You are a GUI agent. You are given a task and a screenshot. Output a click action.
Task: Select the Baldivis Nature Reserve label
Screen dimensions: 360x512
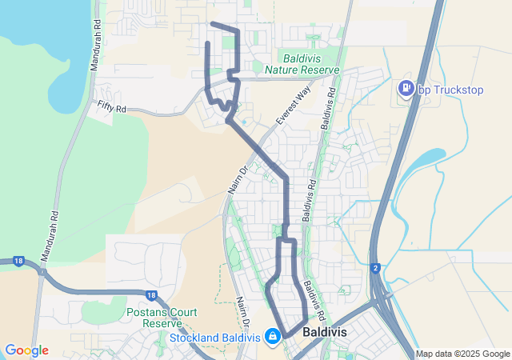click(x=311, y=64)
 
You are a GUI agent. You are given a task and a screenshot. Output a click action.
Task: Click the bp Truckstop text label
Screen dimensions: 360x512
click(x=451, y=89)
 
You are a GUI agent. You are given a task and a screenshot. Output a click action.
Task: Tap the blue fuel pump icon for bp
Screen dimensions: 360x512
click(x=406, y=88)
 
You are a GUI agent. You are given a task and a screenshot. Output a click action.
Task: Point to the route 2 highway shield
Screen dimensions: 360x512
click(x=374, y=266)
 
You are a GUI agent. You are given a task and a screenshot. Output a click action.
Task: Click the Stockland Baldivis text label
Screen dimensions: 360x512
click(x=216, y=337)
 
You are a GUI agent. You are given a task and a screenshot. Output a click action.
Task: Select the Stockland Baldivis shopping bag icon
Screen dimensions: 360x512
click(x=273, y=335)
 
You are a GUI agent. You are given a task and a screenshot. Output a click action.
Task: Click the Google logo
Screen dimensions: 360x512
click(x=26, y=350)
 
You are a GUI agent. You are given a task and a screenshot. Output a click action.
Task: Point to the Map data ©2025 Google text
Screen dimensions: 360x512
click(x=462, y=354)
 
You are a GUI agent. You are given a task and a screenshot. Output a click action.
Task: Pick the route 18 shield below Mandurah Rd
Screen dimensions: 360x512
click(x=18, y=261)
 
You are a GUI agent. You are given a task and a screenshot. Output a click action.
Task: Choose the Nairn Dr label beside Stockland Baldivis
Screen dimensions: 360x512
click(x=242, y=313)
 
